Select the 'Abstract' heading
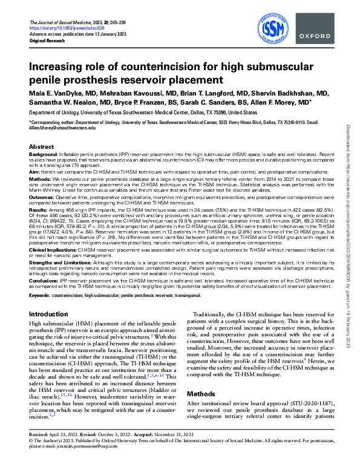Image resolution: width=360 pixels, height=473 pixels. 41,147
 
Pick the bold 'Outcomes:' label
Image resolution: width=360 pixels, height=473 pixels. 42,197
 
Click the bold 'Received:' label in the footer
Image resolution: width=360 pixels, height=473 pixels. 40,452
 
